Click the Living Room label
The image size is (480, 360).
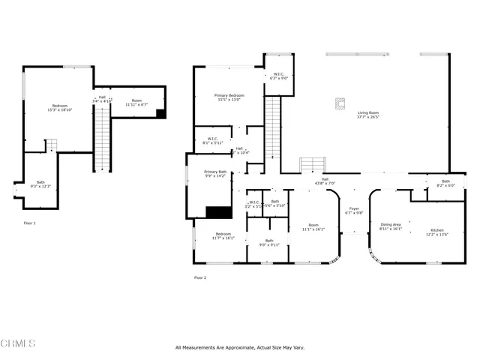click(x=367, y=114)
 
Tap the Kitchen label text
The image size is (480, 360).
click(x=436, y=232)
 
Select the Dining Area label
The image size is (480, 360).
click(x=391, y=226)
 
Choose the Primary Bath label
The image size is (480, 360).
click(x=215, y=174)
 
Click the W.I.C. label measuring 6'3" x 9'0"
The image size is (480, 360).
click(x=278, y=76)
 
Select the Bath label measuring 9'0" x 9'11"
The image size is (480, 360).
click(x=268, y=242)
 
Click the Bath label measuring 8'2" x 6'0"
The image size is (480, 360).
click(x=445, y=183)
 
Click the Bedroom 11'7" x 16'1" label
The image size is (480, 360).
click(x=223, y=236)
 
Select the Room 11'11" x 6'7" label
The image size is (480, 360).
click(x=136, y=102)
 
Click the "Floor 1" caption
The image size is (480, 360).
click(x=29, y=223)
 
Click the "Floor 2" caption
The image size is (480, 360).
click(x=200, y=277)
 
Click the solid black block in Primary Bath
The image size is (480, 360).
click(x=215, y=212)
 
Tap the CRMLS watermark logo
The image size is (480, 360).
click(x=19, y=344)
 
